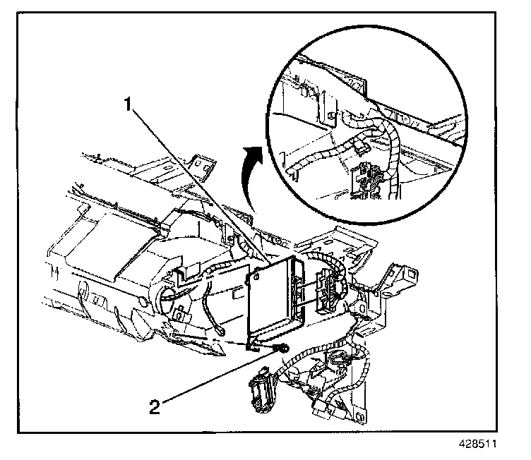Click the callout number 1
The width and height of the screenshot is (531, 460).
(129, 105)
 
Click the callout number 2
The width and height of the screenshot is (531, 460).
(156, 406)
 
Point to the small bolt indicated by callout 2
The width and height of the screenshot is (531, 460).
(282, 347)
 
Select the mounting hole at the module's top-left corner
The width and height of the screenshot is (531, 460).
(249, 278)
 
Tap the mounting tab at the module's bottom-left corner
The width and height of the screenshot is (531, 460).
(252, 346)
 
